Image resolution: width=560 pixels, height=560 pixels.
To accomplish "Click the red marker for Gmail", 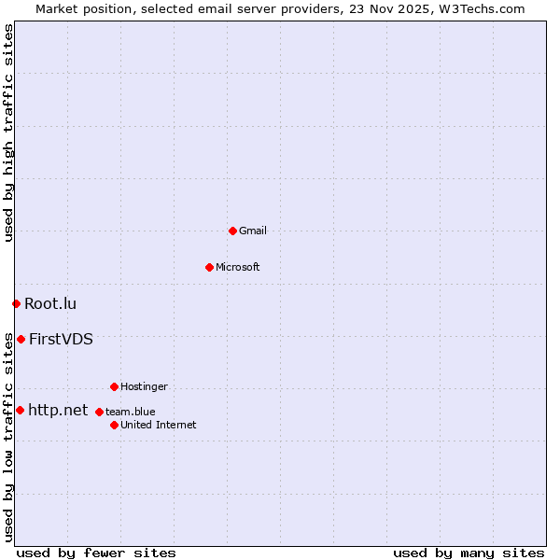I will (x=232, y=231).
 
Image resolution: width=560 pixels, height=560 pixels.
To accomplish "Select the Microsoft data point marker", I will (x=209, y=267).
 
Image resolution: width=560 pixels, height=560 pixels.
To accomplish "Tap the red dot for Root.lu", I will (x=16, y=303).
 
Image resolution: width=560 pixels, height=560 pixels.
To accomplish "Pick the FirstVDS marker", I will (x=21, y=339).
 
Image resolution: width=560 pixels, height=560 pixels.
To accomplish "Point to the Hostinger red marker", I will (x=114, y=386).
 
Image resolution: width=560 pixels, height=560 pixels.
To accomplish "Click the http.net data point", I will (x=20, y=410).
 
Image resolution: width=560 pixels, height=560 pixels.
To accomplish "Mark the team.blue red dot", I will (x=99, y=412).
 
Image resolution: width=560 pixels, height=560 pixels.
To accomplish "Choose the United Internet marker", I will (x=114, y=425).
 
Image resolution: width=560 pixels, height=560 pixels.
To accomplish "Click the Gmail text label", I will (x=253, y=231).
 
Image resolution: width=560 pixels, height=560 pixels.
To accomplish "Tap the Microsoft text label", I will (x=238, y=267).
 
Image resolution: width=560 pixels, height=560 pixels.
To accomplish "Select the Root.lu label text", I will (x=50, y=303).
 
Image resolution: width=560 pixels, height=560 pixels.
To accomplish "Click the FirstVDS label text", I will (x=61, y=339).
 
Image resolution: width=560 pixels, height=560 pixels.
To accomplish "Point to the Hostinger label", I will (x=144, y=386).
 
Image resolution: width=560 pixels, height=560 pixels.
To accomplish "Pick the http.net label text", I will (x=58, y=410).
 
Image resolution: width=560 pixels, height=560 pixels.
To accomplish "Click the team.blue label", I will (x=131, y=412).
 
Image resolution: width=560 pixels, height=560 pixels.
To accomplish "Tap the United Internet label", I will (x=159, y=425).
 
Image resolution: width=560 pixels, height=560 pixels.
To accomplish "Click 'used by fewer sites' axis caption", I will (x=96, y=553).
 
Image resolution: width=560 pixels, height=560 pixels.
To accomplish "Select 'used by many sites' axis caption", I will (x=469, y=553).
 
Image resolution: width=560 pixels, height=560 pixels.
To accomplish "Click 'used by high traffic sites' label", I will (x=8, y=133).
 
